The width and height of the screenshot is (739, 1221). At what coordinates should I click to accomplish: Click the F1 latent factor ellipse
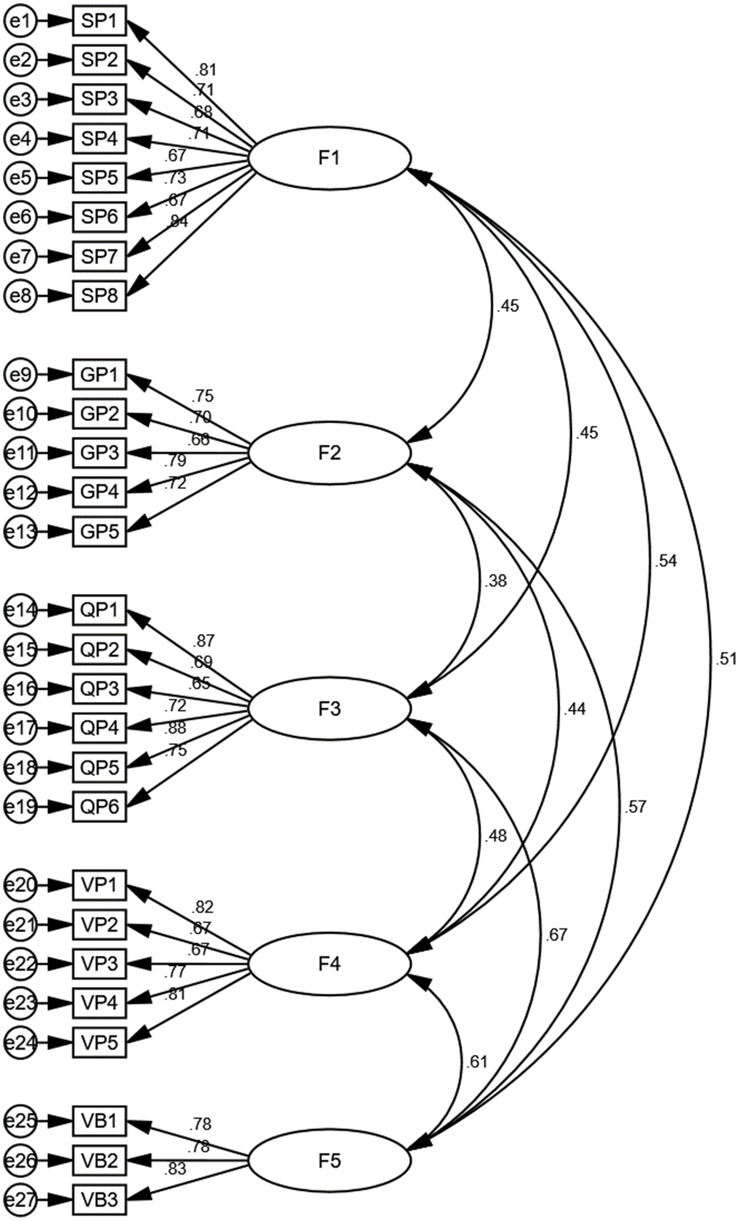(x=330, y=158)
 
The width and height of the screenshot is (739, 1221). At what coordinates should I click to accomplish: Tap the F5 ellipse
(x=330, y=1161)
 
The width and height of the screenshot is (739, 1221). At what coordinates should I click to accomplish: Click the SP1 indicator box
(x=99, y=21)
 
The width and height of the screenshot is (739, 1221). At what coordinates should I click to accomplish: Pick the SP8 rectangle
(x=99, y=296)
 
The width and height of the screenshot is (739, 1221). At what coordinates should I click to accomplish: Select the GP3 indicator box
(x=99, y=453)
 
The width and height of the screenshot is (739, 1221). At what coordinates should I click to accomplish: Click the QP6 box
(x=99, y=807)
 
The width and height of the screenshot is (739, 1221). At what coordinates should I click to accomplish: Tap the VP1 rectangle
(x=99, y=885)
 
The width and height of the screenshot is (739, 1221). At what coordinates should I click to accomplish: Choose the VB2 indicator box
(x=99, y=1161)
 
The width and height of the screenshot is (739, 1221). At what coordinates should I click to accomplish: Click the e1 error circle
(x=20, y=21)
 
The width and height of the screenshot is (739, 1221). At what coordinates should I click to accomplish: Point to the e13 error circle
(x=20, y=532)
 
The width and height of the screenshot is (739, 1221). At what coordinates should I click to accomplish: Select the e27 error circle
(x=20, y=1200)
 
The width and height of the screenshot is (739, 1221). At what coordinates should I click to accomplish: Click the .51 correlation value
(x=725, y=660)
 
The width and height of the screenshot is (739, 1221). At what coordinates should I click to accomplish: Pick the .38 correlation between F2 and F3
(x=495, y=581)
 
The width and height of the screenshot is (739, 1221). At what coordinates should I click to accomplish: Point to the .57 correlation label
(x=634, y=807)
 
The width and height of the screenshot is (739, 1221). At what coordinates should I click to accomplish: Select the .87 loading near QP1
(x=203, y=641)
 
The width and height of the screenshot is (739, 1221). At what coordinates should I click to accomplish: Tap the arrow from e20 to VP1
(x=54, y=885)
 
